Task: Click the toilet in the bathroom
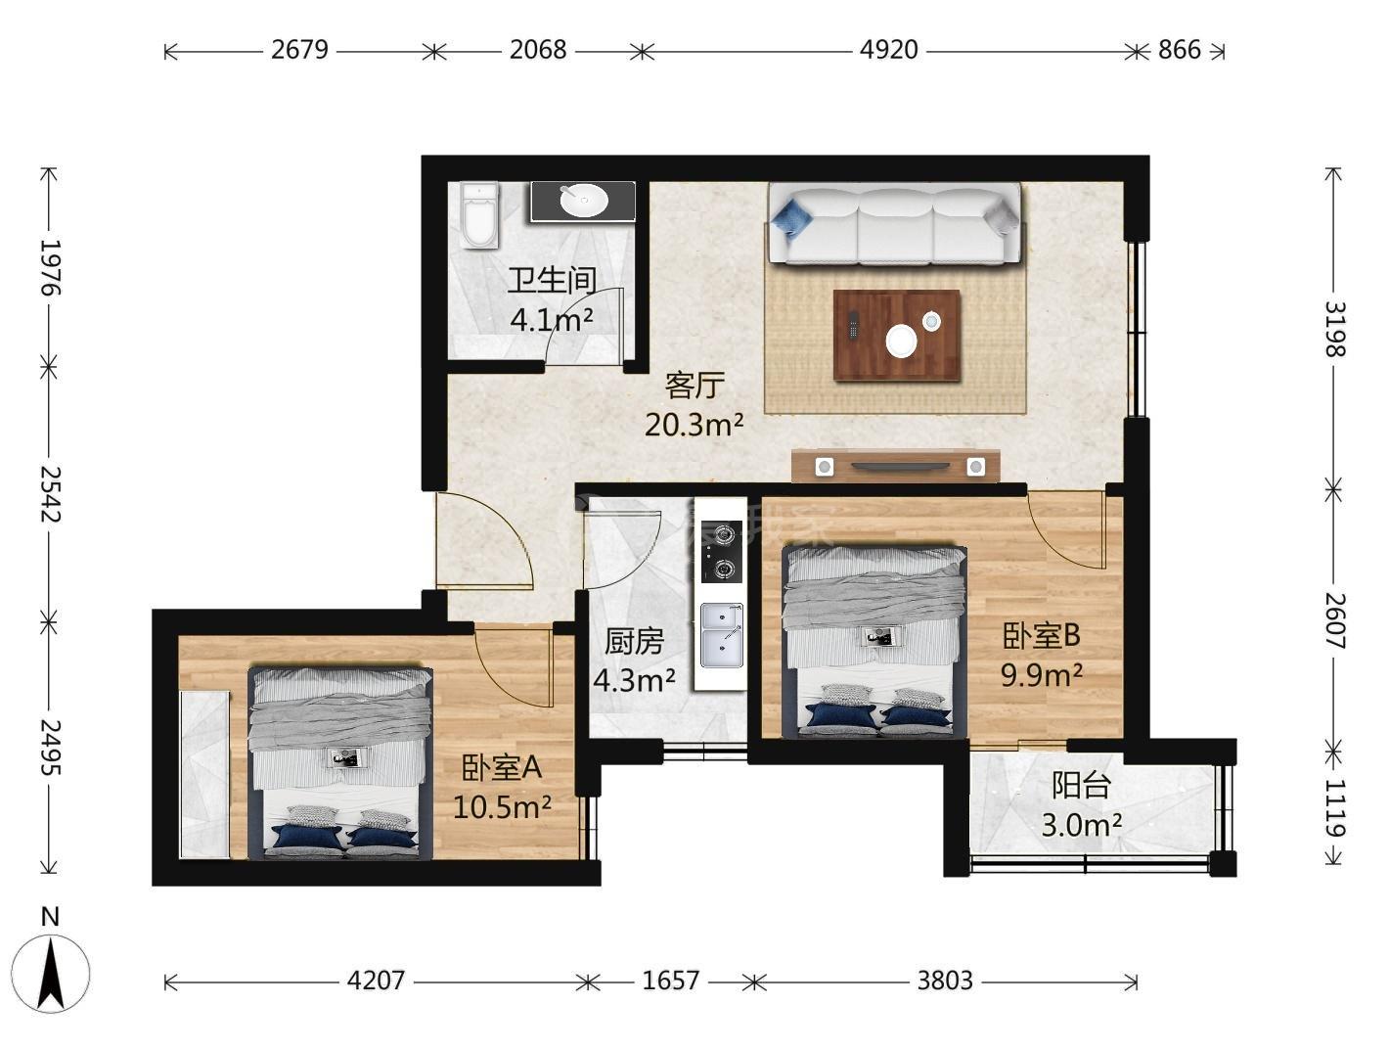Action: click(478, 215)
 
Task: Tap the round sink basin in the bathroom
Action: click(583, 201)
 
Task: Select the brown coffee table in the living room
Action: click(897, 336)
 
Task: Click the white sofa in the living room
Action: click(894, 223)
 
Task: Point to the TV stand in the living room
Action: click(895, 466)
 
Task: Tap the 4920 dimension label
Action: click(888, 50)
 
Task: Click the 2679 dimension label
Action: click(299, 50)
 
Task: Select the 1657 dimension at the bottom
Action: click(670, 981)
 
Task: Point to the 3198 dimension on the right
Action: click(1334, 329)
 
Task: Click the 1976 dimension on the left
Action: click(50, 267)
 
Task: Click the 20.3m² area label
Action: click(694, 424)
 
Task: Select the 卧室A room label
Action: click(501, 768)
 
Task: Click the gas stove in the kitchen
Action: click(721, 551)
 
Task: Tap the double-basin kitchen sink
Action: click(721, 635)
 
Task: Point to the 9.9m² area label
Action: click(1041, 675)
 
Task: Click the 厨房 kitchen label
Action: click(634, 642)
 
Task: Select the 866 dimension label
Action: click(1179, 50)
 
